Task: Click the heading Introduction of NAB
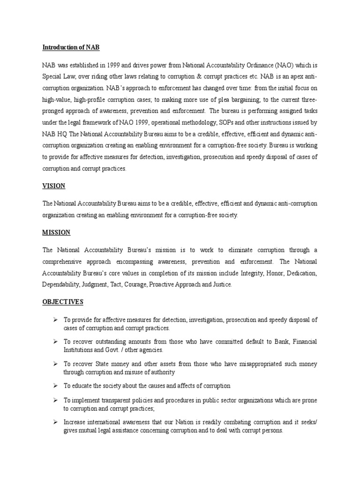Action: tap(71, 47)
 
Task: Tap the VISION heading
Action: tap(54, 186)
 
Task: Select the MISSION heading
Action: tap(56, 232)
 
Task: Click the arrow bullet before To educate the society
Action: tap(55, 385)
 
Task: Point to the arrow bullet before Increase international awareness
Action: tap(55, 422)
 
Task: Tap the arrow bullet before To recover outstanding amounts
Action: tap(55, 342)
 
